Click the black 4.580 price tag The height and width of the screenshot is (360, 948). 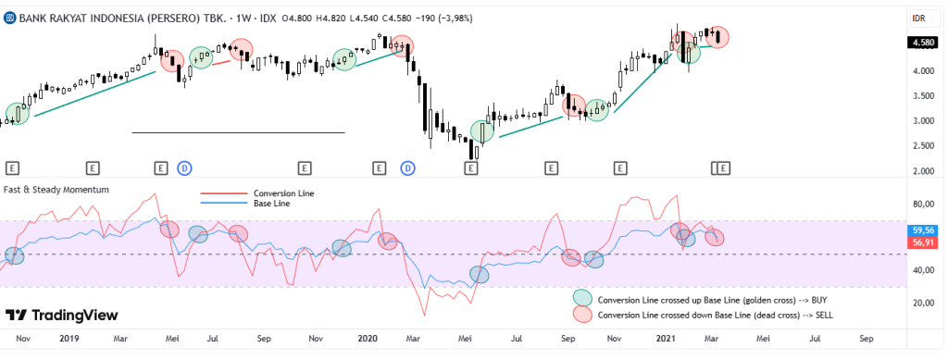pyautogui.click(x=922, y=42)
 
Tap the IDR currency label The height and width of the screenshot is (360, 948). pyautogui.click(x=919, y=18)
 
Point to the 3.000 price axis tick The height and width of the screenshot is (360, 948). pyautogui.click(x=921, y=121)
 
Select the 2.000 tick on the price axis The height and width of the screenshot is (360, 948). pyautogui.click(x=921, y=171)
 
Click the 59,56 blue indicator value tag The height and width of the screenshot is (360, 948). pyautogui.click(x=922, y=230)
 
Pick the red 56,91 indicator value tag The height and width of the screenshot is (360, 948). pyautogui.click(x=922, y=242)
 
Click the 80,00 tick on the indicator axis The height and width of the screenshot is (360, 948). pyautogui.click(x=922, y=205)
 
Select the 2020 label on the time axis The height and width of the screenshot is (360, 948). pyautogui.click(x=368, y=340)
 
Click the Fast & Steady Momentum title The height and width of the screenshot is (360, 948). pyautogui.click(x=57, y=190)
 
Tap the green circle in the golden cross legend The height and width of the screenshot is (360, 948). pyautogui.click(x=582, y=298)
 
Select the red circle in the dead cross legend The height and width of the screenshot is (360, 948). pyautogui.click(x=582, y=315)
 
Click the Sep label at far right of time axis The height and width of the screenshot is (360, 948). pyautogui.click(x=867, y=340)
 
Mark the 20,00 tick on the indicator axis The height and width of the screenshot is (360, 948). pyautogui.click(x=922, y=304)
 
